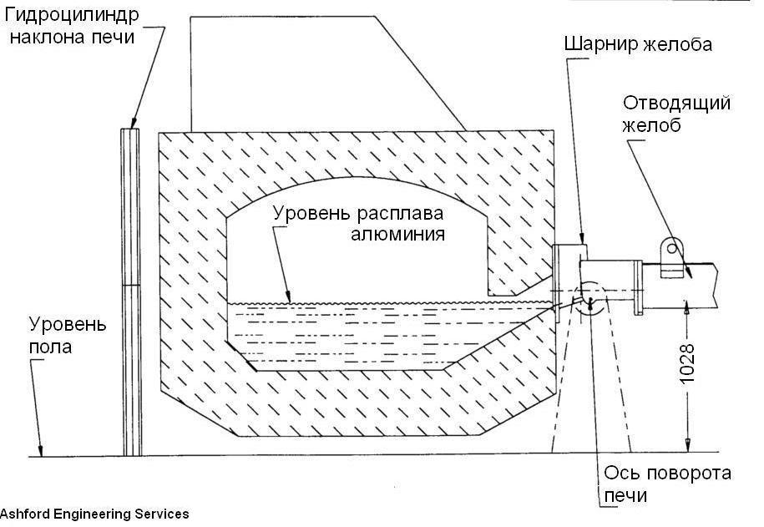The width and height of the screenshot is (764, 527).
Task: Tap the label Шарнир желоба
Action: click(x=638, y=44)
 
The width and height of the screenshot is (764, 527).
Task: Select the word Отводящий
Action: click(x=677, y=104)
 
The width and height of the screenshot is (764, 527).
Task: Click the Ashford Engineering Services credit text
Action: click(x=94, y=514)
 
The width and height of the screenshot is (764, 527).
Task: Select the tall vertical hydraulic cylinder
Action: click(x=132, y=291)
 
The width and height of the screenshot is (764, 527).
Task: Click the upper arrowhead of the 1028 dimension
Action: click(x=686, y=307)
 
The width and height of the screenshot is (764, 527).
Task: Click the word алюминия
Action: click(x=397, y=234)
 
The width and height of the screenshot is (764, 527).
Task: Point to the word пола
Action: click(x=50, y=345)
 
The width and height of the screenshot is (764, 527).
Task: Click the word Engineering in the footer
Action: click(x=88, y=514)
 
